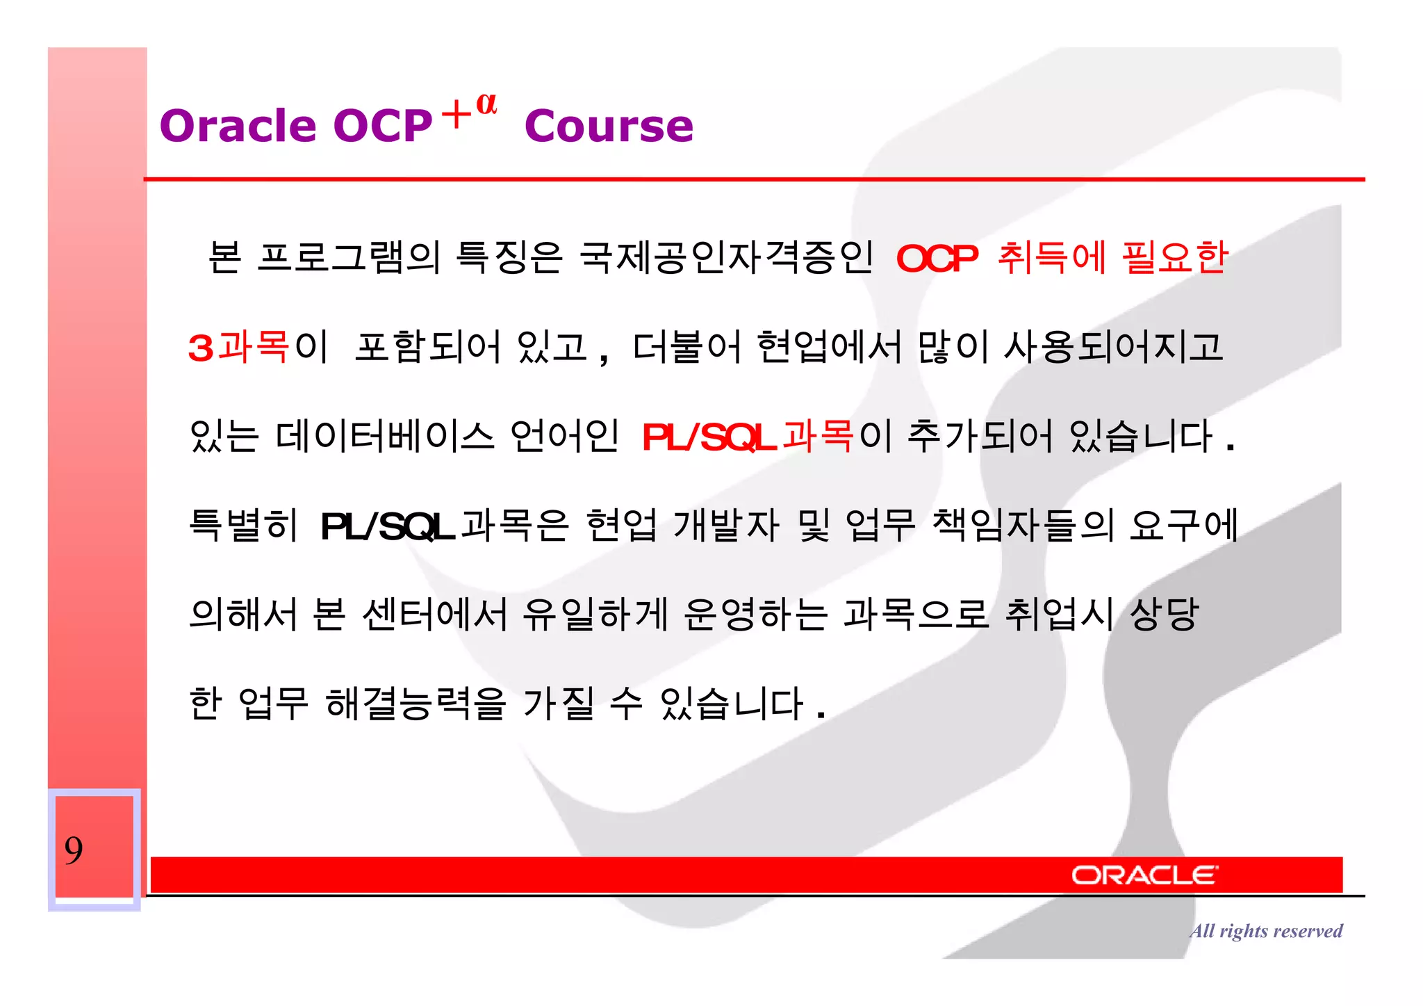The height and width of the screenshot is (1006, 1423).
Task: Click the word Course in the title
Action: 609,126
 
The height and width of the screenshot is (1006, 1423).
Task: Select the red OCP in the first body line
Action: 937,259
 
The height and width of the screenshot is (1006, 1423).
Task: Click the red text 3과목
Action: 238,346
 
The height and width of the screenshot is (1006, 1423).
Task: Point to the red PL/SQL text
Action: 709,437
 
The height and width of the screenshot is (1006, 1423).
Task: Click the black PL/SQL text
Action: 387,526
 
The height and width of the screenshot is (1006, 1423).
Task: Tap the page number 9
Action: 74,850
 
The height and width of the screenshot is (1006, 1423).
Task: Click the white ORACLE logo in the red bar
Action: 1144,875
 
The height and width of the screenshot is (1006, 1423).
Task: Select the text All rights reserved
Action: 1265,930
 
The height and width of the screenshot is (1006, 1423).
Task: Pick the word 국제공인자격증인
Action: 726,257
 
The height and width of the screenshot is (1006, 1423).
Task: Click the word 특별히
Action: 243,525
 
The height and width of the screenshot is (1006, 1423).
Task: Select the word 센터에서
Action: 435,614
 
